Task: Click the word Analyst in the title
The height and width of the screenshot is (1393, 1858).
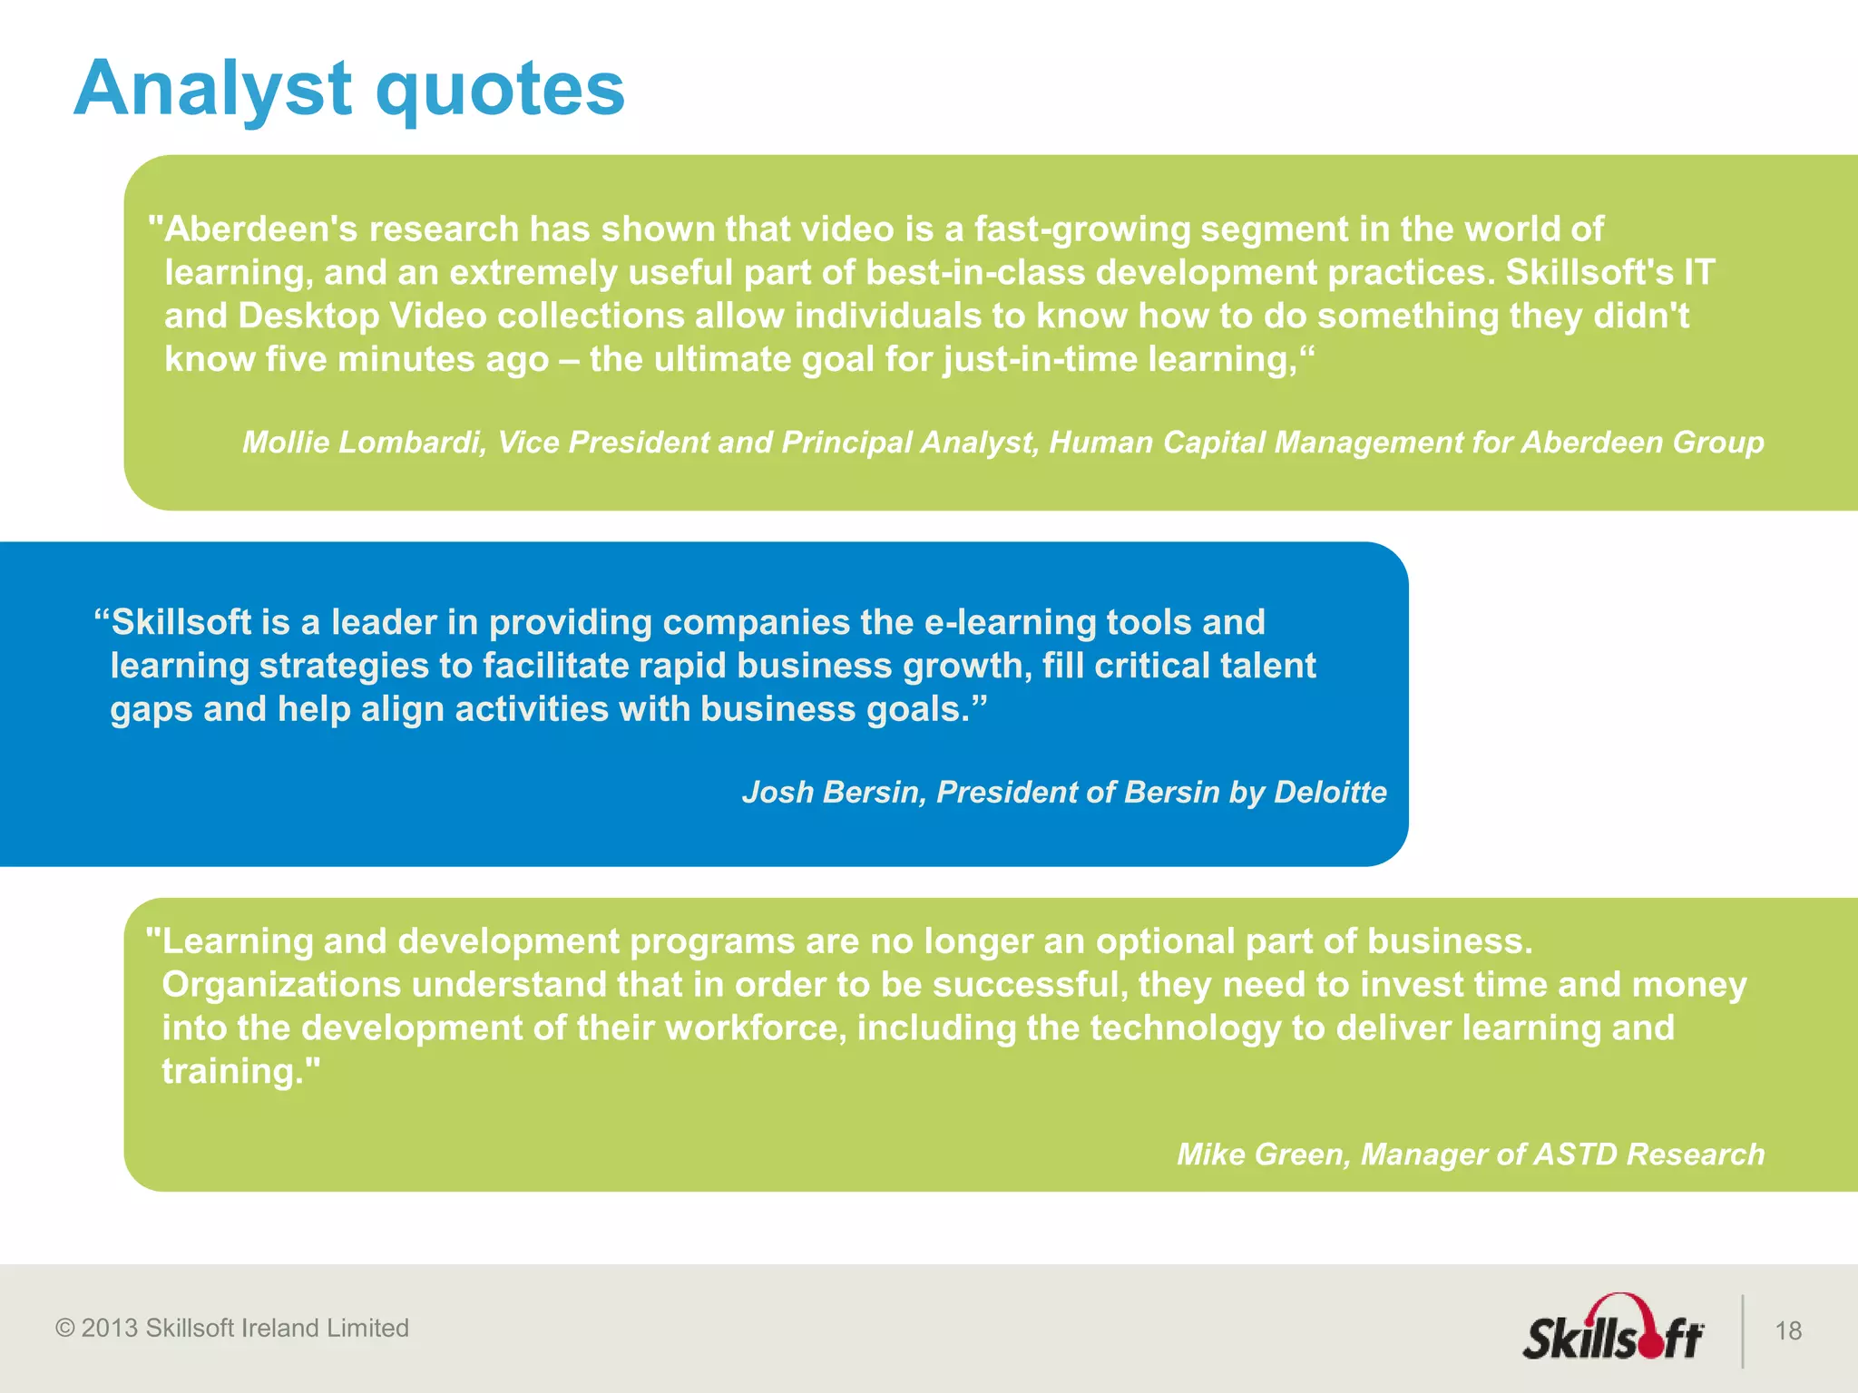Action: pos(213,89)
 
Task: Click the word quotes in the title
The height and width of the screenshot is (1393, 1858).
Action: pos(500,89)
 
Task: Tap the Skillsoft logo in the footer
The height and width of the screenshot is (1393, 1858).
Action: pos(1613,1330)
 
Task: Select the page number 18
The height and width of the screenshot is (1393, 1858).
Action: pos(1788,1330)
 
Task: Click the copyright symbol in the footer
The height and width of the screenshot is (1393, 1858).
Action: pos(64,1328)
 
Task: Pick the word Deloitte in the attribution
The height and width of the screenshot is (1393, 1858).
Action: pos(1330,792)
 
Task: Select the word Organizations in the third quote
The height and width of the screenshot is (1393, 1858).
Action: pos(281,984)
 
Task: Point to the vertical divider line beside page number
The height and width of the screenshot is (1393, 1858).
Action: pos(1743,1330)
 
